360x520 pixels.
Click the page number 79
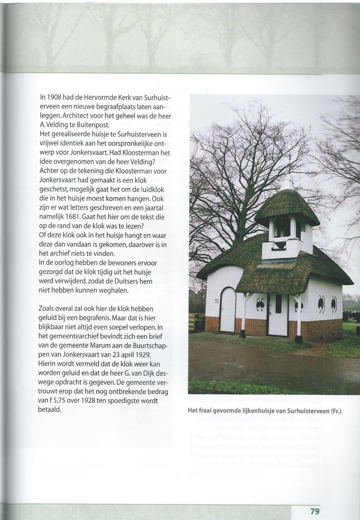point(315,511)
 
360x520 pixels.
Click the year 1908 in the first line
point(57,97)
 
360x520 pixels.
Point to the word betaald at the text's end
point(51,409)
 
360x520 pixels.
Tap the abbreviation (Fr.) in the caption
point(339,410)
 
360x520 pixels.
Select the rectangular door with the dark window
point(278,314)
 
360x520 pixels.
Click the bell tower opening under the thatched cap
point(283,227)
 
